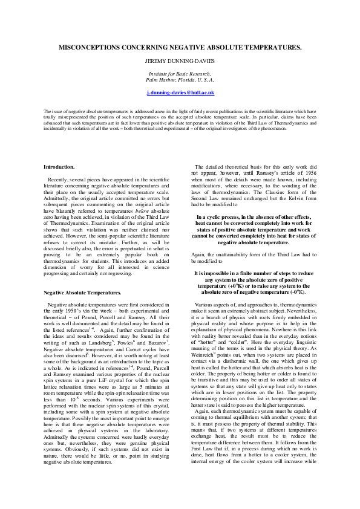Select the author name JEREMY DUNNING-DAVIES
click(x=180, y=62)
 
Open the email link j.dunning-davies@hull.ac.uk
click(x=180, y=92)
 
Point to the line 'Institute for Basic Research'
click(x=180, y=73)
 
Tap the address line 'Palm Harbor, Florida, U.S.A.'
click(x=180, y=79)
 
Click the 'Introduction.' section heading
click(x=59, y=166)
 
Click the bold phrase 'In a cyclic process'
click(x=224, y=216)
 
